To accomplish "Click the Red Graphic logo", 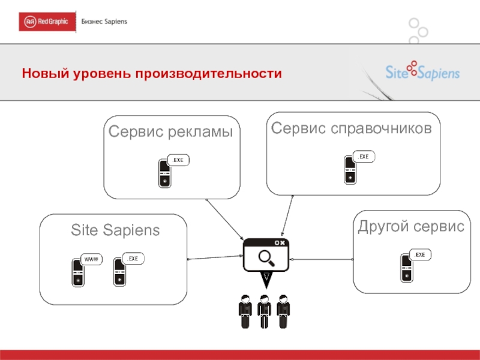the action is point(47,22).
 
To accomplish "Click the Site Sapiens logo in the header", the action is point(422,72).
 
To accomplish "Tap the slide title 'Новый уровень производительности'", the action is point(152,74).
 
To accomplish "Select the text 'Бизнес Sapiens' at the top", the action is point(104,22).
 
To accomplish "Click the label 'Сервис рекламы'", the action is point(170,132).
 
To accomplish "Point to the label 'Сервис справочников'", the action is point(351,128).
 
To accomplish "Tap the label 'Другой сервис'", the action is point(411,227).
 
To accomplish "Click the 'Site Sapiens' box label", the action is point(115,230).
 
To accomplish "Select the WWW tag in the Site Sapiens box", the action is point(91,259).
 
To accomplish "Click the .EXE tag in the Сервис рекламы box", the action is point(178,160).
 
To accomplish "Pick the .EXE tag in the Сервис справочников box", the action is point(364,157).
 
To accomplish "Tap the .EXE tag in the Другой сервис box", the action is point(420,255).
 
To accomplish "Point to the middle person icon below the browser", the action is point(264,310).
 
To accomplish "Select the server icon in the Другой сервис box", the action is point(407,268).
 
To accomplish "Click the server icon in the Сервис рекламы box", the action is point(164,173).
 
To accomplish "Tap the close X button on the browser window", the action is point(283,242).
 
